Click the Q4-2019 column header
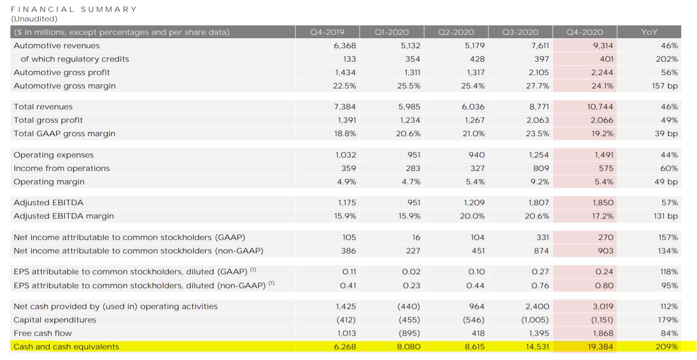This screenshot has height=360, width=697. coord(327,32)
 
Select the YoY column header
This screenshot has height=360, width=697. coord(649,32)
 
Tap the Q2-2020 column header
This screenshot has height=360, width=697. coord(456,32)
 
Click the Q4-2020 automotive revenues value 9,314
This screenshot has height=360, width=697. coord(603,45)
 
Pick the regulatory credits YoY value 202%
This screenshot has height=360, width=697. coord(667,59)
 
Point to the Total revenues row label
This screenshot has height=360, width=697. coord(43,107)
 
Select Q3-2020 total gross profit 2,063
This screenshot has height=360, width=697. coord(538,120)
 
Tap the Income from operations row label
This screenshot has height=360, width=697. coord(62,168)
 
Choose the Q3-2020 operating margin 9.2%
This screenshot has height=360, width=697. coord(540,182)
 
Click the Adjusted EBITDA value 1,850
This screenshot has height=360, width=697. coord(603,203)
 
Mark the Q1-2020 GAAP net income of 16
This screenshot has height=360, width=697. coord(416,237)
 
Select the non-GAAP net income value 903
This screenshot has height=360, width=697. coord(605,251)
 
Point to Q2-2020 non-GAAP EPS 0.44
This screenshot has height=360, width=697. coord(475,286)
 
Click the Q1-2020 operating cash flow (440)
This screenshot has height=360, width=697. coord(408,306)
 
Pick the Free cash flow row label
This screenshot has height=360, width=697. coord(43,333)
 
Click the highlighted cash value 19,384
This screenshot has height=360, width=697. coord(600,346)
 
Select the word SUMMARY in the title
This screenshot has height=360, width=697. coord(109,9)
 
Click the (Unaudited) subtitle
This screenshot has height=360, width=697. coord(34,19)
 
